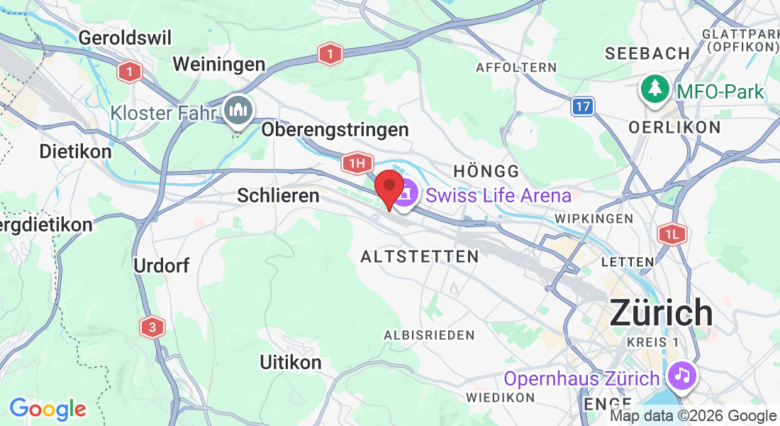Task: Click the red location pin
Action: [x=389, y=187]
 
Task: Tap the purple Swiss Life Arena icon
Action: [x=406, y=194]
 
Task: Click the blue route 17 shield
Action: [x=582, y=106]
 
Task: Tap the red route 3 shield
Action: [x=152, y=327]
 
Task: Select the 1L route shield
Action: [x=672, y=234]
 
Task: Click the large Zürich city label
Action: [x=661, y=312]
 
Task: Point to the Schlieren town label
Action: [x=279, y=195]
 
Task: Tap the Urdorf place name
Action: [x=162, y=266]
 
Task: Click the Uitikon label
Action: [x=291, y=362]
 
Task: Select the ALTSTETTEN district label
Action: [x=419, y=256]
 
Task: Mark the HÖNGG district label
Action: [x=486, y=171]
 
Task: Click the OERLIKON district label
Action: [x=674, y=128]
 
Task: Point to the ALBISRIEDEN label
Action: [x=429, y=334]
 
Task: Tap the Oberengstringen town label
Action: [x=335, y=130]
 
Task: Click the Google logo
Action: [x=48, y=408]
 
